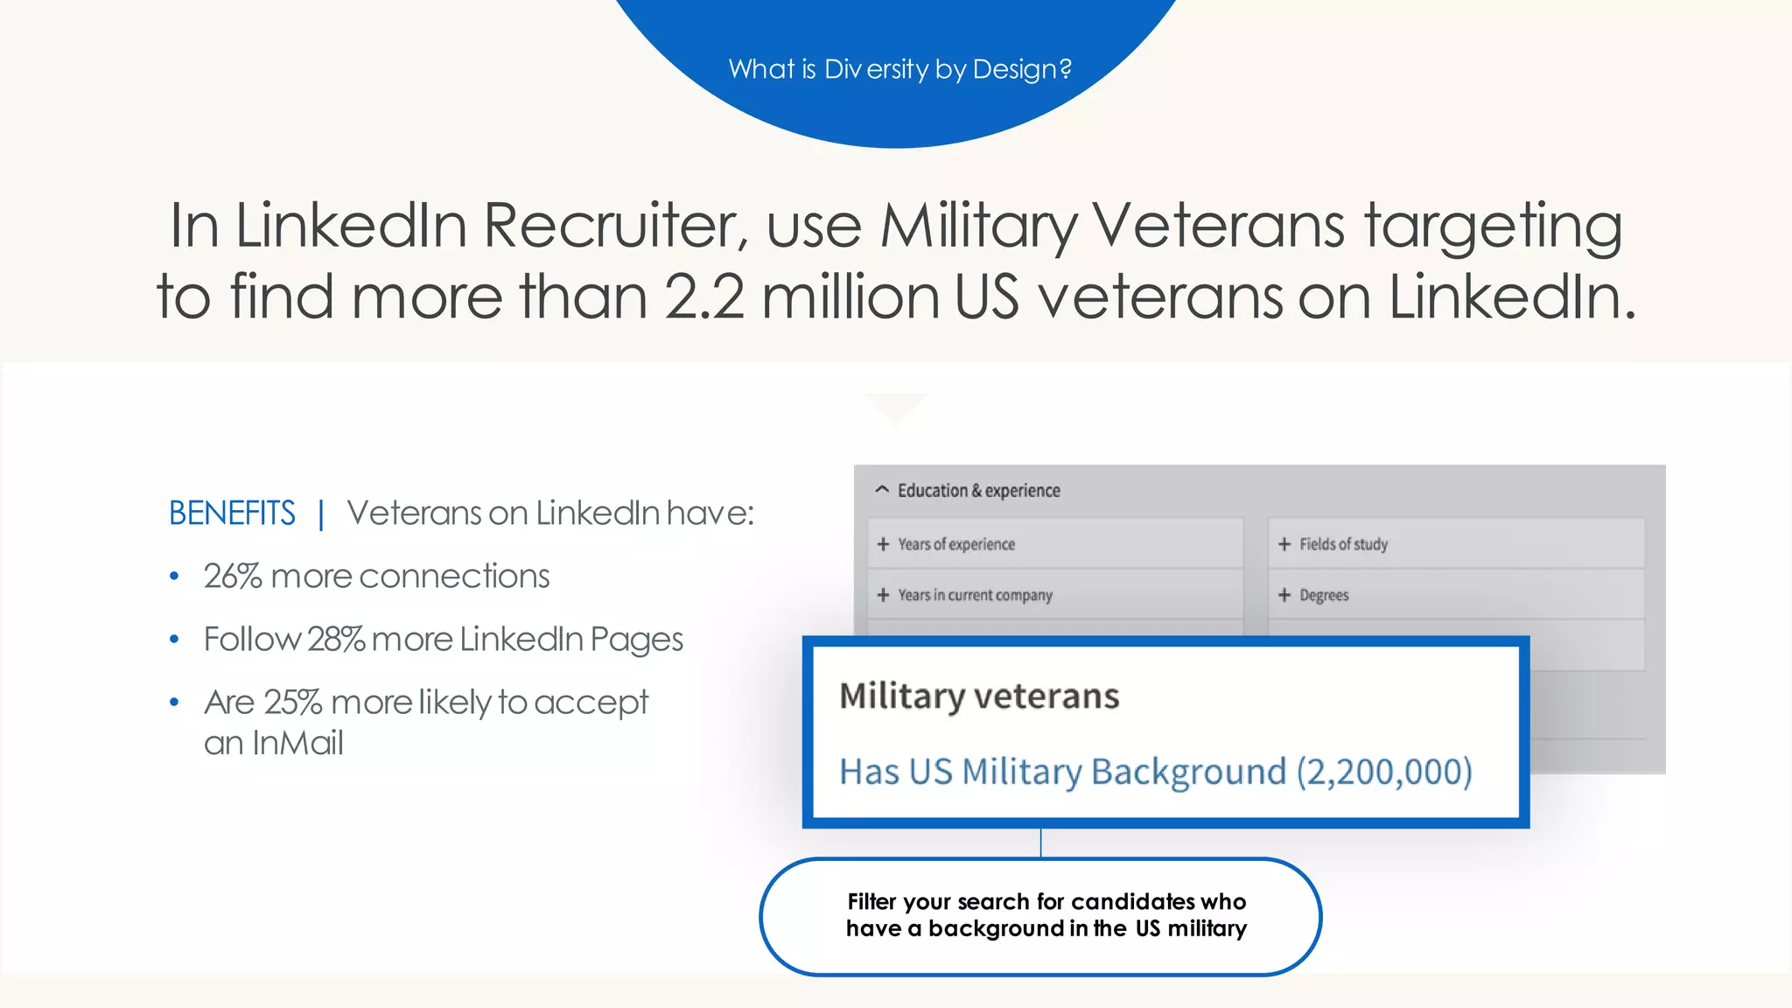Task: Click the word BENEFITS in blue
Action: [x=232, y=514]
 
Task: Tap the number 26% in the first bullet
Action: [x=233, y=577]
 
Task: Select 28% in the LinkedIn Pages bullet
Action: [x=336, y=640]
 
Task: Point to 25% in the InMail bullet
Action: [x=293, y=703]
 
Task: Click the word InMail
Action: [x=297, y=744]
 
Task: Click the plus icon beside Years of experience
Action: [x=883, y=544]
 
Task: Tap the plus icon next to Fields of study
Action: [x=1284, y=544]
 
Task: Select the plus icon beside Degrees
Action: [x=1284, y=595]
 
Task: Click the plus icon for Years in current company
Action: [x=883, y=595]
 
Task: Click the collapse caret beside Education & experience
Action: [x=882, y=490]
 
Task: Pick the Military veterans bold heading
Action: [x=979, y=696]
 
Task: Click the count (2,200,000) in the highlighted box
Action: [x=1384, y=772]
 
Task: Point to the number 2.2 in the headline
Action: [x=704, y=297]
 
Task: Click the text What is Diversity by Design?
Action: [x=899, y=69]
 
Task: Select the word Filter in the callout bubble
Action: [x=871, y=902]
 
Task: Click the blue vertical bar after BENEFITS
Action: [x=321, y=514]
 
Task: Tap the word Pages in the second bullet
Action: [x=636, y=640]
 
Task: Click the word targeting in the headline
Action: [x=1493, y=226]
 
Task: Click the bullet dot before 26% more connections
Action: [x=174, y=577]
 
